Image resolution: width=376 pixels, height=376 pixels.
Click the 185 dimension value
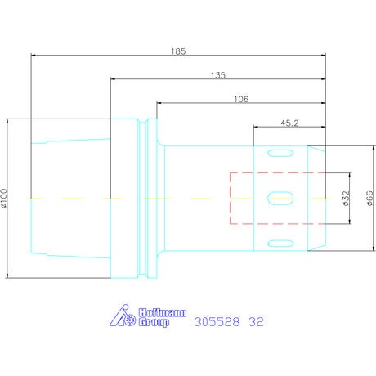pos(178,51)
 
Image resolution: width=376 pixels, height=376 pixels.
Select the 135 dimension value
pos(218,75)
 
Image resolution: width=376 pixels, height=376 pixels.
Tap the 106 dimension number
pos(241,99)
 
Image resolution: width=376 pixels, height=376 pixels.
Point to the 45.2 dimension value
pos(289,123)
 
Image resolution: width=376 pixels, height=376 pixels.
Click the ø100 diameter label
pos(4,199)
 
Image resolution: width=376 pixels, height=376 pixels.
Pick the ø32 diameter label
pos(346,199)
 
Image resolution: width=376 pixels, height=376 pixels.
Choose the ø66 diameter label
pos(369,199)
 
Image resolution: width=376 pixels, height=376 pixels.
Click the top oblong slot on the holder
pos(280,153)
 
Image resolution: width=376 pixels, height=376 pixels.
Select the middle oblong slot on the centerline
pos(280,198)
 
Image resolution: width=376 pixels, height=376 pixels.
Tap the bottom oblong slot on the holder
pos(280,244)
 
